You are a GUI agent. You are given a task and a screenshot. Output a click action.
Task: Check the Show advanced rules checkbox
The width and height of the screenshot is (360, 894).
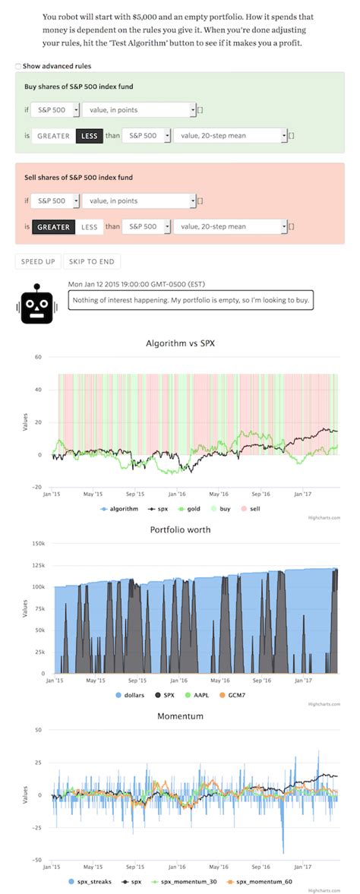(x=18, y=66)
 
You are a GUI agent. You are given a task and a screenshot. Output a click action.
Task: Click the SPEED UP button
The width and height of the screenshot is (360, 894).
(x=38, y=261)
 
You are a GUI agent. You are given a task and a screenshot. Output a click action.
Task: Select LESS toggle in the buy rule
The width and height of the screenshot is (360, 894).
(x=89, y=136)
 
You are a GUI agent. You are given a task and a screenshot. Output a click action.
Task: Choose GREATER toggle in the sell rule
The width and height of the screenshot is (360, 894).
(x=53, y=226)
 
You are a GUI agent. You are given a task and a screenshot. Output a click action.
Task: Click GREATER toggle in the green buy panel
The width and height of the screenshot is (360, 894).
(x=53, y=136)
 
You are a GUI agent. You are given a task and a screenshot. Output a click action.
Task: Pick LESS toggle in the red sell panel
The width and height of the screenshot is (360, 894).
(x=89, y=226)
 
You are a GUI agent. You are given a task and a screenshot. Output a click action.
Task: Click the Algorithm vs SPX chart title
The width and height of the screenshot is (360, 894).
(x=180, y=343)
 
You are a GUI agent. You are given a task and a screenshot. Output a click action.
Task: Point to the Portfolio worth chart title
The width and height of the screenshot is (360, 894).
(x=180, y=529)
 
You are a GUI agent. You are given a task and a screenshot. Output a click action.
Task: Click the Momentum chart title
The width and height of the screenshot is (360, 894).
(x=180, y=716)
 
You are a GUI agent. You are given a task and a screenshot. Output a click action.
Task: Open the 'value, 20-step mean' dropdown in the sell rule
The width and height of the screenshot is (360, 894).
(x=230, y=226)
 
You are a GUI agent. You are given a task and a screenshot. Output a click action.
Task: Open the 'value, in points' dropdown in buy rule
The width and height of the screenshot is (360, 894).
(x=139, y=110)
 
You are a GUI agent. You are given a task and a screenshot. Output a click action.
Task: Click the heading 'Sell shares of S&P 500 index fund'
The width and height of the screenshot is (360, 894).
(x=79, y=177)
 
